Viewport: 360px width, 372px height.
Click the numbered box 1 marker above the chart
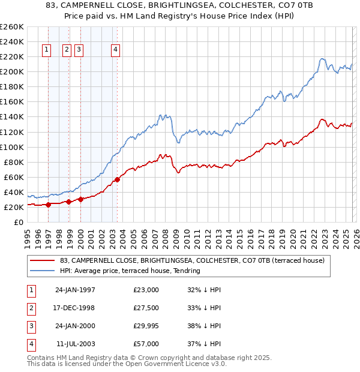click(47, 50)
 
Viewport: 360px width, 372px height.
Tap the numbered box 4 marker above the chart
click(115, 50)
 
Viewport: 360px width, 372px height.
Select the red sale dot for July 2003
click(117, 179)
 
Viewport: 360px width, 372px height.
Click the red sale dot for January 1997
click(48, 205)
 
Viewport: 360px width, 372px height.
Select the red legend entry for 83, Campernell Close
click(191, 260)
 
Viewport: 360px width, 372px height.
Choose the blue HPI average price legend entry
click(129, 271)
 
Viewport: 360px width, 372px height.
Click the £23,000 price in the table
click(146, 290)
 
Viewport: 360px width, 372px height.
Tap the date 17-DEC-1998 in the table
click(75, 308)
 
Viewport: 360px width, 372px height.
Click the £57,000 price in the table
click(146, 344)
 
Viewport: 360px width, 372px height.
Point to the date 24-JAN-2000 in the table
click(75, 326)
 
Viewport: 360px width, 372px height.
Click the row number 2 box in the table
click(29, 308)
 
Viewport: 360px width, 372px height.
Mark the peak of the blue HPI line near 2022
click(323, 59)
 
